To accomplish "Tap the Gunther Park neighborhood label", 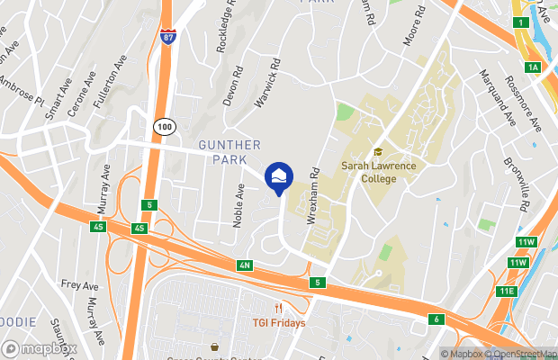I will [230, 152].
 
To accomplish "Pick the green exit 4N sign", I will [245, 265].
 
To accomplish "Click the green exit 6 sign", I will [437, 319].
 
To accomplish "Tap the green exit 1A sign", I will [534, 67].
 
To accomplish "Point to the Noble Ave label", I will [240, 205].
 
